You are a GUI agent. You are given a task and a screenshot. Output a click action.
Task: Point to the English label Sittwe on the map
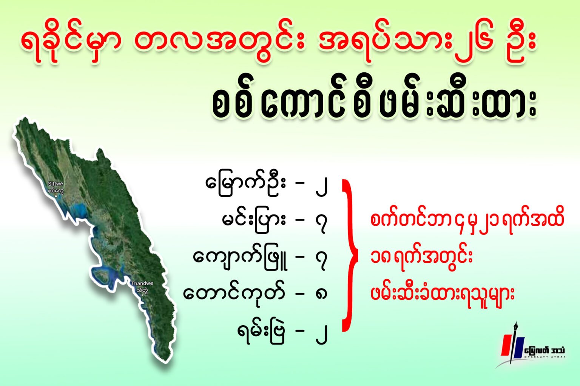(56, 184)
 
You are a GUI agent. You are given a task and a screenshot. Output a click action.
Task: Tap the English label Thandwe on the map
(142, 283)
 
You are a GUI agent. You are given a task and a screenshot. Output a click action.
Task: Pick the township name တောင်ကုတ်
(234, 294)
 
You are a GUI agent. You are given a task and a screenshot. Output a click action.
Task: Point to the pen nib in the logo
(516, 326)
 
